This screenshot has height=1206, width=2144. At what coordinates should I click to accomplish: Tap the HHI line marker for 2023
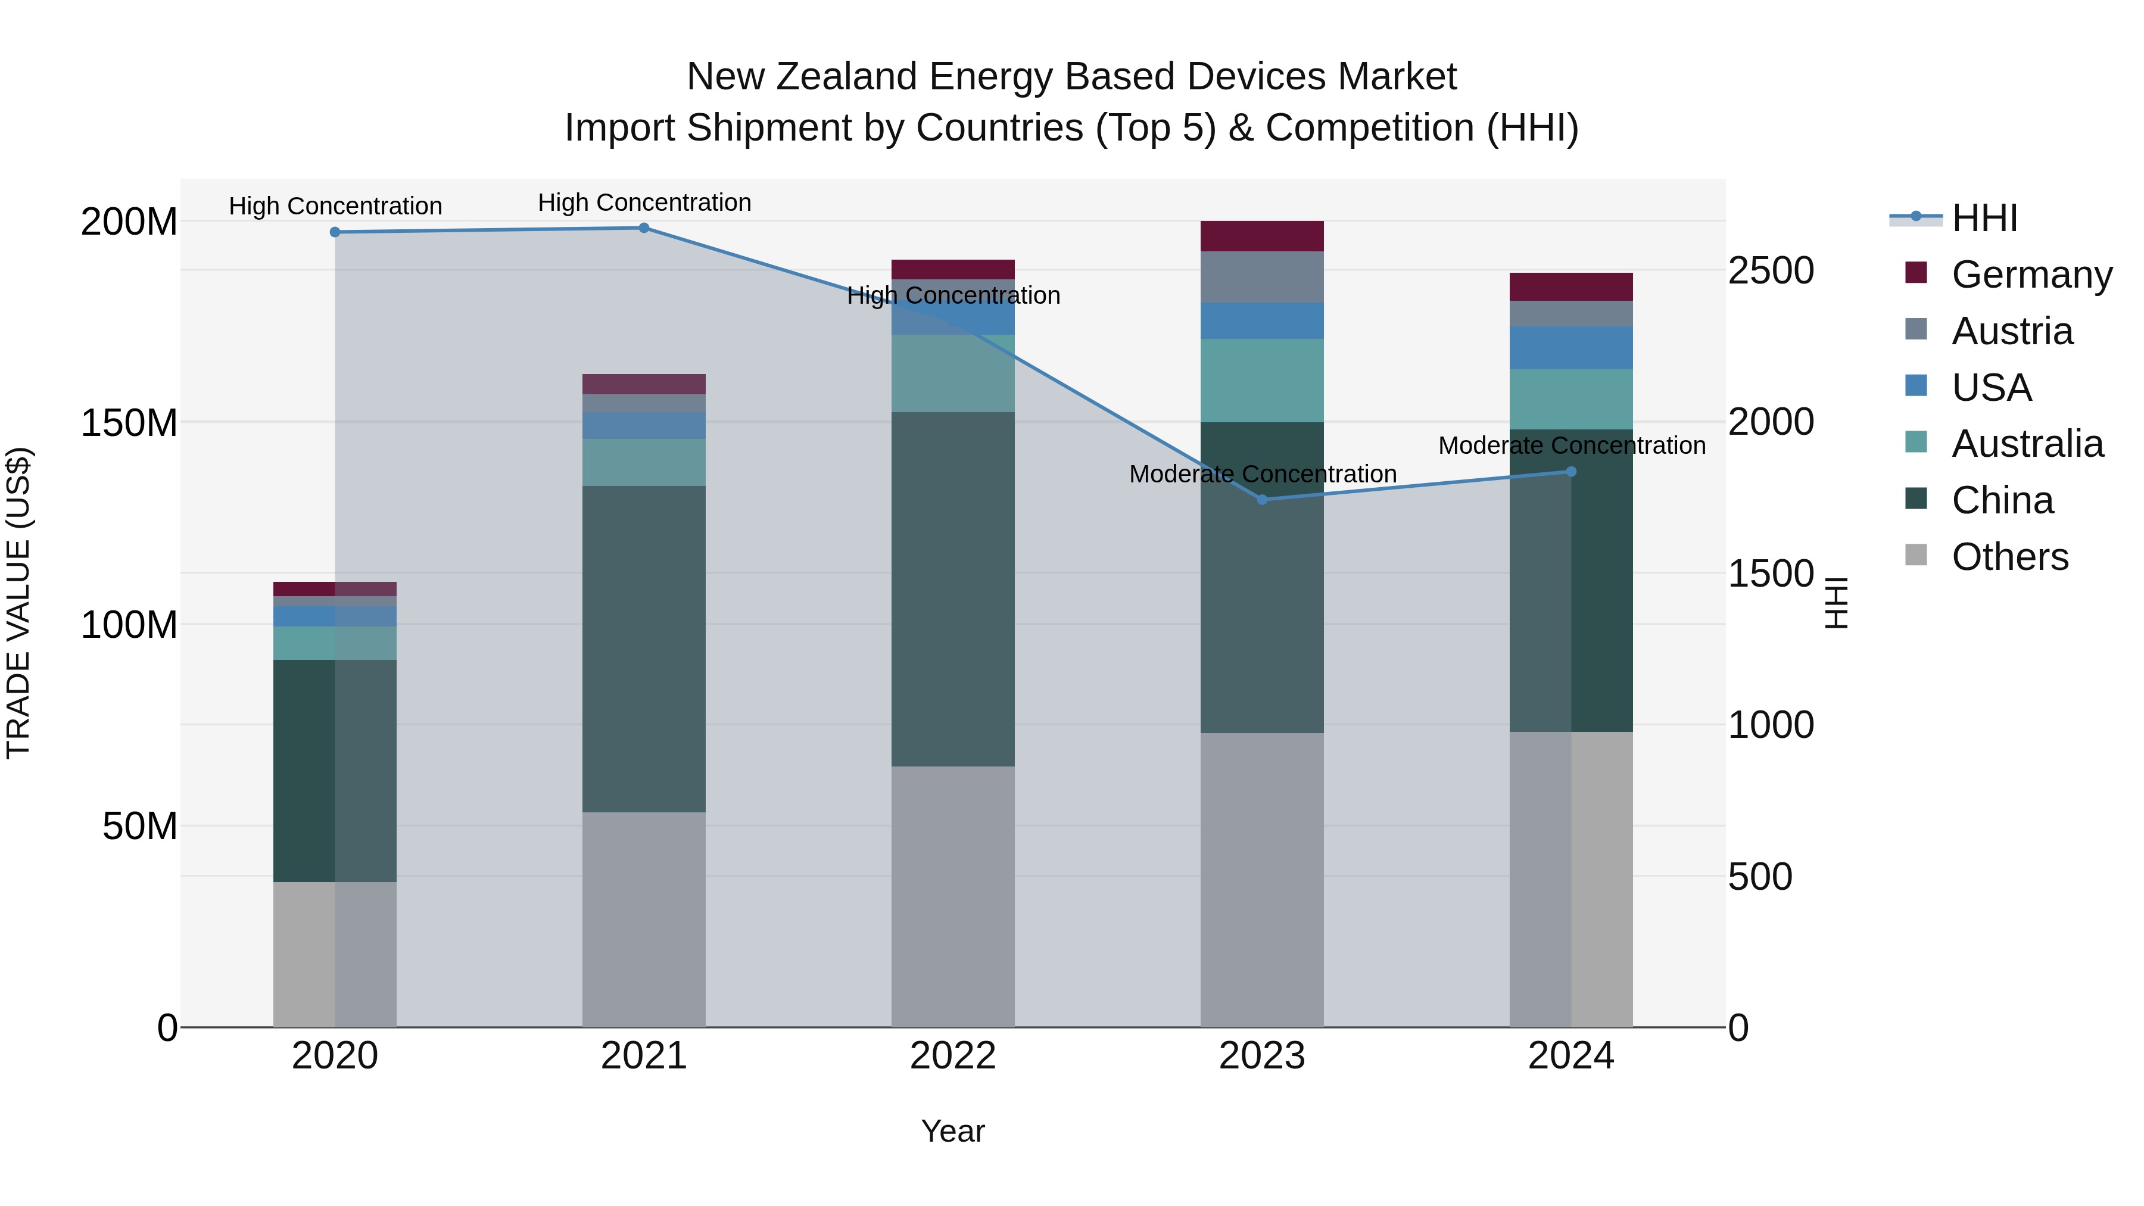pos(1262,500)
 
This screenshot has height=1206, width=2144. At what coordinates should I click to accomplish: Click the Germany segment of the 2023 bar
pos(1262,236)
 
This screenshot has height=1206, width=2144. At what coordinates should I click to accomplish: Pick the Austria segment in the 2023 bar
pos(1262,277)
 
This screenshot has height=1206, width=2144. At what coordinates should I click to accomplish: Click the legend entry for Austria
pos(2012,331)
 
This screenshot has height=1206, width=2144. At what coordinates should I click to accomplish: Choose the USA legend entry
pos(1991,388)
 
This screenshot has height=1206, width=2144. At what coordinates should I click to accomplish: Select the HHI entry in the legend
pos(1984,218)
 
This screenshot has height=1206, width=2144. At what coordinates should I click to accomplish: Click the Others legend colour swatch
pos(1916,555)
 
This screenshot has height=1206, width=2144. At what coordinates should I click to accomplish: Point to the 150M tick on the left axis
pos(129,423)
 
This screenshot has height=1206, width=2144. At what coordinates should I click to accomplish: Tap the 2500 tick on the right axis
pos(1771,272)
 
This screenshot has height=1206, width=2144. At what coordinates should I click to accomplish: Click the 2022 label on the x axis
pos(953,1056)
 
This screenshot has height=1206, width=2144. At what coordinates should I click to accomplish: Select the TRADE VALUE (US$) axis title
pos(19,603)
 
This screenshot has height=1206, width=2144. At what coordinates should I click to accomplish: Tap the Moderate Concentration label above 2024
pos(1572,446)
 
